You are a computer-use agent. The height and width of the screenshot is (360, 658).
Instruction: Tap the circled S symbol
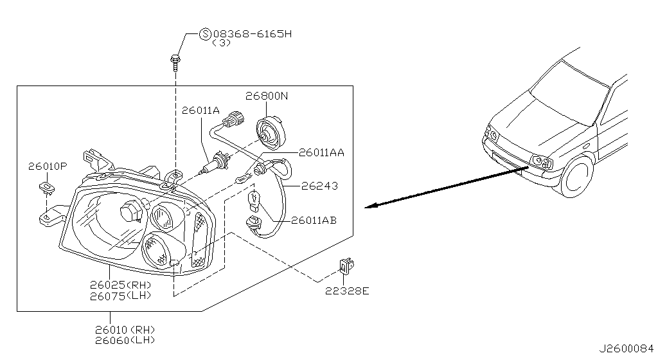206,34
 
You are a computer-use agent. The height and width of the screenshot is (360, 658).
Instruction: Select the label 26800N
267,96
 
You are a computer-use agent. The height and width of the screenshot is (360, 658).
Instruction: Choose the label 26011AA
321,152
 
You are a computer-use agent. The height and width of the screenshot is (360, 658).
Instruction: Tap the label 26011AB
314,220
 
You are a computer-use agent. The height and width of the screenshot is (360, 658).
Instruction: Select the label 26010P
47,166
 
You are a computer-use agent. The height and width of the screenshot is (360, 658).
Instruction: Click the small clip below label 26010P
46,187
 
